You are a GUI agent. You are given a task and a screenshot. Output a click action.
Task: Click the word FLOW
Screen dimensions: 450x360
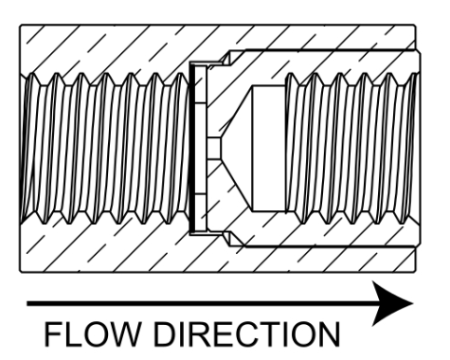click(x=92, y=334)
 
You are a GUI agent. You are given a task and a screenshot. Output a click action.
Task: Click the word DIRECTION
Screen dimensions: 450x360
click(x=246, y=334)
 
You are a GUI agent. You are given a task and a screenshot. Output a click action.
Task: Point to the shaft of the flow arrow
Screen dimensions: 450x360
click(x=201, y=304)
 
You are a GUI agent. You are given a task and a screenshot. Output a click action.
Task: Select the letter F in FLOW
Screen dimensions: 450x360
click(x=53, y=334)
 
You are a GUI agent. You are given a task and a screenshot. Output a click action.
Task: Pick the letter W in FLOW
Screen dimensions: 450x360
click(x=123, y=334)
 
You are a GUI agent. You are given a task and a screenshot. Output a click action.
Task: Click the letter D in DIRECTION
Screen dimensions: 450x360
click(x=164, y=334)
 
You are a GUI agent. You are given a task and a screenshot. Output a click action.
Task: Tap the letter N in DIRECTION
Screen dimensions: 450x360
click(x=330, y=334)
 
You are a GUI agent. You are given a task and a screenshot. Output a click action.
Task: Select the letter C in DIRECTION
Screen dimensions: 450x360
click(x=246, y=334)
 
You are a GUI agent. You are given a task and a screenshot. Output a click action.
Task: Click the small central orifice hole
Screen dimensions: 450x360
click(x=214, y=149)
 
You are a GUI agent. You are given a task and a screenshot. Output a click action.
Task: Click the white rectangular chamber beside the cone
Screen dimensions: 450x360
click(x=269, y=149)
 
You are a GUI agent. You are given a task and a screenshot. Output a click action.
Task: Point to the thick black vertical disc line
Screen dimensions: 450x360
click(x=191, y=149)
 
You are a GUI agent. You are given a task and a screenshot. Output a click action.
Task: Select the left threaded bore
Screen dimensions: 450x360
click(x=105, y=149)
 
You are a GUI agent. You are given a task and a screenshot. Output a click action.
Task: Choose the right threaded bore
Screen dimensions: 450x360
click(x=352, y=149)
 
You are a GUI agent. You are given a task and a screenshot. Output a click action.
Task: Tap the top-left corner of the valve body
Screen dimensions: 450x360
click(x=20, y=25)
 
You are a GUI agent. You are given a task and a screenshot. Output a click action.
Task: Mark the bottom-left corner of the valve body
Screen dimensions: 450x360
click(x=20, y=272)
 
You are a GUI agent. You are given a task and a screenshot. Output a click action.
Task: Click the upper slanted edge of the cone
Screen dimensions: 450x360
click(x=236, y=112)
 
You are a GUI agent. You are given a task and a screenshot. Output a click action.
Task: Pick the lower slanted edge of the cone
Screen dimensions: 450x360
click(x=236, y=185)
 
